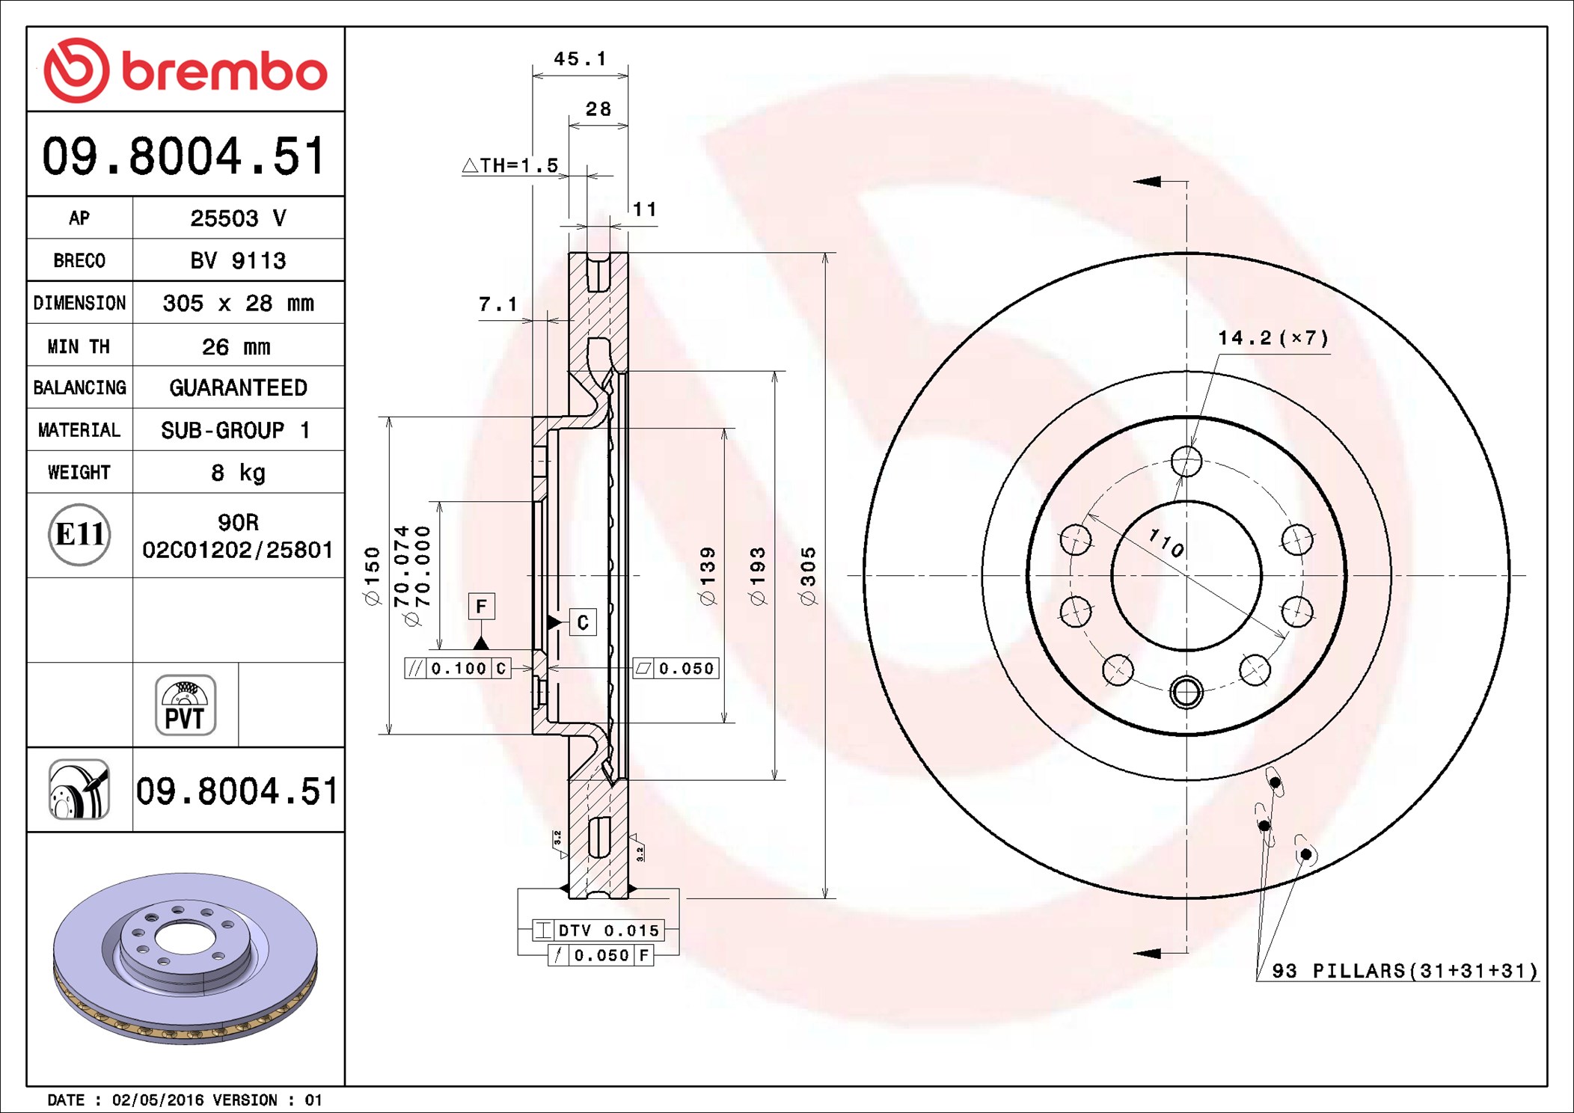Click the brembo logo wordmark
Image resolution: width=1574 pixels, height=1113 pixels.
click(224, 72)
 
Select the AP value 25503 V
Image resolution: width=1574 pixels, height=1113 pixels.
click(238, 218)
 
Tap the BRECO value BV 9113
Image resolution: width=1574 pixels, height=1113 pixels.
click(238, 260)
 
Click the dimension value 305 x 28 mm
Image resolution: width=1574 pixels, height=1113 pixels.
click(238, 303)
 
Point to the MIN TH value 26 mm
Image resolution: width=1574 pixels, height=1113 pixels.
click(236, 346)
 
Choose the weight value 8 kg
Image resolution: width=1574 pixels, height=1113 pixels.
click(238, 473)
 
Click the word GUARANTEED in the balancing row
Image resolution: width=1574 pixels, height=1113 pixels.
click(238, 387)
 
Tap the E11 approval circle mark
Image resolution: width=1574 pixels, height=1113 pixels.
click(79, 535)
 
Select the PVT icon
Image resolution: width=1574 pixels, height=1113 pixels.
click(186, 705)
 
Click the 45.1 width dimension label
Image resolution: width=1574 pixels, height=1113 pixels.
click(580, 58)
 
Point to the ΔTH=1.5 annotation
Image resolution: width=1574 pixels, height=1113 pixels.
click(510, 165)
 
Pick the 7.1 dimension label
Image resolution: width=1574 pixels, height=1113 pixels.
click(497, 304)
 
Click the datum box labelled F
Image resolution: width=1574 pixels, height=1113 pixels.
click(481, 606)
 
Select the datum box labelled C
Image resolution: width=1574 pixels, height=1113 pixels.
click(583, 622)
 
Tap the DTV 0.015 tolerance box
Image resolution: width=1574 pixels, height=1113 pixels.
click(598, 930)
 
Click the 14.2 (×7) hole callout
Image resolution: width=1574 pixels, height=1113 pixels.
click(1273, 338)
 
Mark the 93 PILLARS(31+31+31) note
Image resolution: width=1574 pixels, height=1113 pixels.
click(1405, 971)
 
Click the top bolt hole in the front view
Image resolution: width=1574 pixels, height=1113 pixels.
click(1186, 462)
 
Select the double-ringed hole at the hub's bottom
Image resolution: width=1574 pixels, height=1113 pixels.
click(1186, 692)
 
